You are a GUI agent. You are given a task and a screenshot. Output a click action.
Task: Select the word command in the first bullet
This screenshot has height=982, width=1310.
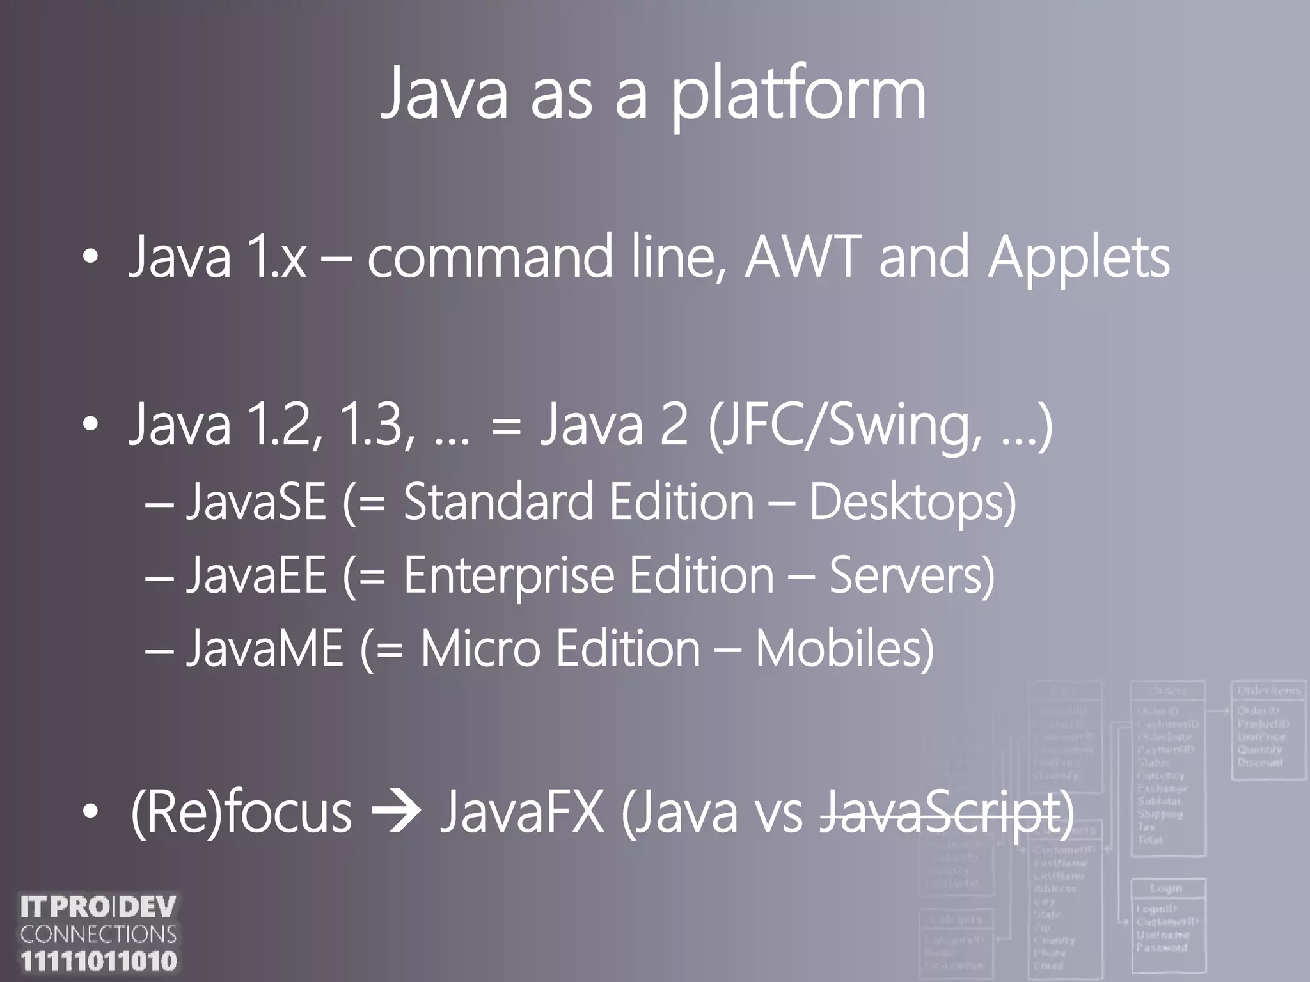[489, 258]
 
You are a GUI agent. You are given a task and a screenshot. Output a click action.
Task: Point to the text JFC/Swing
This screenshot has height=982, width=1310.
[844, 426]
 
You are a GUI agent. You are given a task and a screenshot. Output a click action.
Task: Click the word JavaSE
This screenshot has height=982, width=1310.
[256, 502]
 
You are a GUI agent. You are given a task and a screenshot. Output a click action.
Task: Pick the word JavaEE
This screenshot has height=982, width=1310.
[256, 575]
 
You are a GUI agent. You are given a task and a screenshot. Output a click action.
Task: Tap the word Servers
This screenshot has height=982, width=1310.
[911, 575]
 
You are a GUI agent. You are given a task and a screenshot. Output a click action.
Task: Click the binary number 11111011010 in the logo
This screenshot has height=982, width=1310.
[99, 961]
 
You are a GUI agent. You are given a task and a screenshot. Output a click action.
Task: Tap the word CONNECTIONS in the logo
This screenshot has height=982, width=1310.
[99, 934]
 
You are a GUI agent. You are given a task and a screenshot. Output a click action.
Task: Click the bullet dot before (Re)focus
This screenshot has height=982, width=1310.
[91, 812]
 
